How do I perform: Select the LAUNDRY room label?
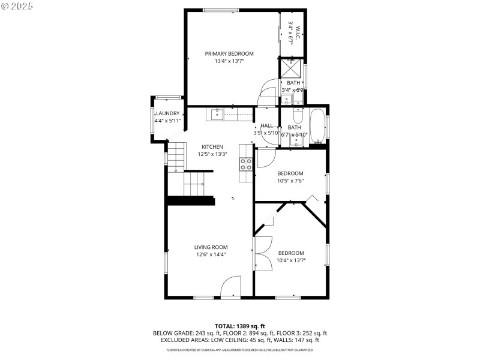(167, 113)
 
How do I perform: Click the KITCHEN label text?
(212, 146)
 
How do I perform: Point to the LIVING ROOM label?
(211, 247)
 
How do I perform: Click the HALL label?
(266, 126)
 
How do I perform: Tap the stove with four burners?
(246, 164)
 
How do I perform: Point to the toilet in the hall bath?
(298, 113)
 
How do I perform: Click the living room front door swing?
(231, 286)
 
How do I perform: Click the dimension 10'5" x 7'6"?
(290, 181)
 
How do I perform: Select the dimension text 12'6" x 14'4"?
(211, 254)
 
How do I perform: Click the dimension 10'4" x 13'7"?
(291, 260)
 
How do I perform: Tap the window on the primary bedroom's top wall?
(221, 10)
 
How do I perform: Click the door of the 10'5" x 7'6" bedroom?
(266, 157)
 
